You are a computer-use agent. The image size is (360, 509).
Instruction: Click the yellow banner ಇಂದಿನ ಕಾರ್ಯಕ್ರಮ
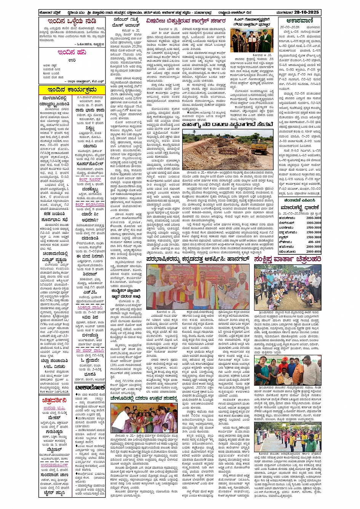(72, 90)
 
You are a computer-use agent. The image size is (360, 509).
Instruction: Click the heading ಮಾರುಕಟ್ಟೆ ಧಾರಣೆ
(301, 208)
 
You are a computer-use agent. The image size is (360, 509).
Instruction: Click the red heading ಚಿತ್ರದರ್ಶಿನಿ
(54, 400)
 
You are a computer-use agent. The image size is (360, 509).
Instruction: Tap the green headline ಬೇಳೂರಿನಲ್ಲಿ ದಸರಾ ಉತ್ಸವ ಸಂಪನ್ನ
(144, 398)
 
